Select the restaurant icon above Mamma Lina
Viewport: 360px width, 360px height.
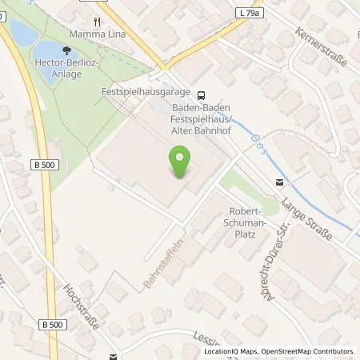coord(97,22)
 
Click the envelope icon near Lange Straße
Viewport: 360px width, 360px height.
coord(278,182)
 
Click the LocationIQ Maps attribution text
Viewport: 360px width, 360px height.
coord(227,351)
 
